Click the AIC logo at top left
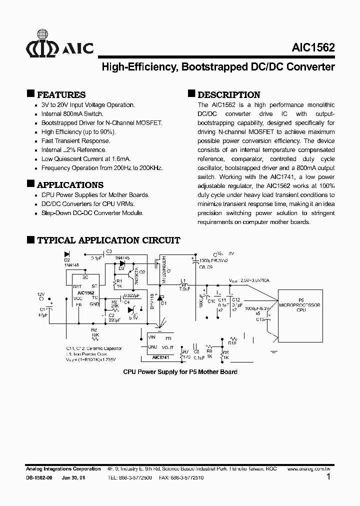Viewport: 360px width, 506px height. pyautogui.click(x=59, y=48)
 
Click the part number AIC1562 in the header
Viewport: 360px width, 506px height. pyautogui.click(x=313, y=48)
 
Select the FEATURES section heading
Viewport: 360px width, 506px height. pyautogui.click(x=61, y=94)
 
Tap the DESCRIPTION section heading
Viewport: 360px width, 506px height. pyautogui.click(x=228, y=94)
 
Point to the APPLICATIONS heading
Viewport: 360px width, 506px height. pyautogui.click(x=70, y=184)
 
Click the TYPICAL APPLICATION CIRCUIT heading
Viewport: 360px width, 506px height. pyautogui.click(x=108, y=240)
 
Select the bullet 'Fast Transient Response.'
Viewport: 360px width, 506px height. pyautogui.click(x=75, y=141)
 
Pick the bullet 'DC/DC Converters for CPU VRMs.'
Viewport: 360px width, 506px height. pyautogui.click(x=88, y=204)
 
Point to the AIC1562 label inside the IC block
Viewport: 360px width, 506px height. pyautogui.click(x=86, y=293)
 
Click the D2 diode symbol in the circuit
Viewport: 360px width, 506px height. pyautogui.click(x=67, y=254)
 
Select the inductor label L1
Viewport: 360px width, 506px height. pyautogui.click(x=183, y=280)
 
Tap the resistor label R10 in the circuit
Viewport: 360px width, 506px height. pyautogui.click(x=232, y=343)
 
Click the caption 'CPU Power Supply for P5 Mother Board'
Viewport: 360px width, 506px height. pyautogui.click(x=180, y=372)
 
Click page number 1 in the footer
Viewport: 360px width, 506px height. pyautogui.click(x=328, y=477)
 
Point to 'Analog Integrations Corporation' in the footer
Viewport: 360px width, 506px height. pyautogui.click(x=63, y=469)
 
